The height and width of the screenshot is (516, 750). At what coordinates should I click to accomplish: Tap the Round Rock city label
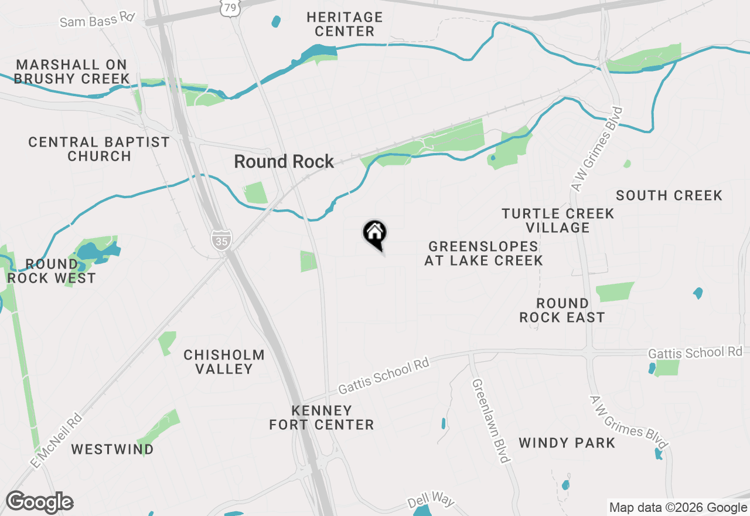point(284,162)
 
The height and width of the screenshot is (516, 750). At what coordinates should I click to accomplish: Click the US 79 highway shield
point(229,8)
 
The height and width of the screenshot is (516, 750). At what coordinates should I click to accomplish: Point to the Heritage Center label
point(345,24)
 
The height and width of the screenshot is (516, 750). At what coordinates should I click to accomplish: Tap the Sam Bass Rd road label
point(97,20)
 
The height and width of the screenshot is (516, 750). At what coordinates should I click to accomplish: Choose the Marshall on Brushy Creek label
point(72,71)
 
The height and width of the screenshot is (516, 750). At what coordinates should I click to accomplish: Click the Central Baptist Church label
point(99,149)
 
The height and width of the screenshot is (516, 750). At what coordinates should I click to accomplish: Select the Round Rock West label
point(52,271)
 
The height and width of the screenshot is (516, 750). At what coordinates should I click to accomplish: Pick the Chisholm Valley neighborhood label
point(224,362)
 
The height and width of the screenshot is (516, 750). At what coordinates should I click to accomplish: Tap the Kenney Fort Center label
point(322,417)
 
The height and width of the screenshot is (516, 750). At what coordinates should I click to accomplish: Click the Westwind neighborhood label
point(112,450)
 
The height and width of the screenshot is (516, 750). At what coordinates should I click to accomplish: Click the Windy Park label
point(567,443)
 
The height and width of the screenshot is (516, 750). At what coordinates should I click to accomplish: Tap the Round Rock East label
point(562,310)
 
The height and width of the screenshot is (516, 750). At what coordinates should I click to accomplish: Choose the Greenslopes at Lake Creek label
point(483,253)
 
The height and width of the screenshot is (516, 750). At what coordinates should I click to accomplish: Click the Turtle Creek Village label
point(558,220)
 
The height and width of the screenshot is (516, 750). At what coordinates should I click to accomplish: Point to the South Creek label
point(669,195)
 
